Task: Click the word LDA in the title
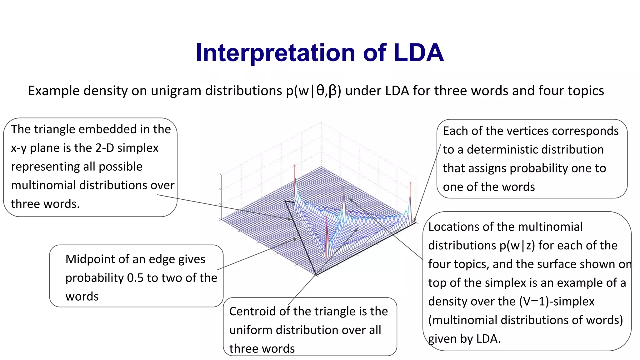[x=419, y=52]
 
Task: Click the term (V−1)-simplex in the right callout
[x=557, y=302]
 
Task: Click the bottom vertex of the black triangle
[x=316, y=275]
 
